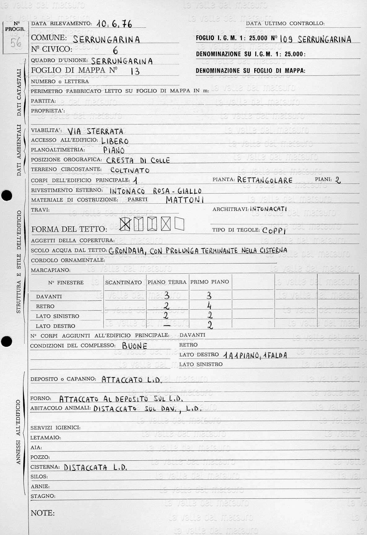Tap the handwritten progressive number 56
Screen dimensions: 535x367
pyautogui.click(x=16, y=42)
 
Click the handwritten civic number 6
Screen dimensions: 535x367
pyautogui.click(x=115, y=50)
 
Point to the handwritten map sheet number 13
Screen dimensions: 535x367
pyautogui.click(x=135, y=72)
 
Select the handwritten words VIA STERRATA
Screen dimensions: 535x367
pyautogui.click(x=95, y=131)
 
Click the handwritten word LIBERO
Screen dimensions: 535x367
pyautogui.click(x=115, y=141)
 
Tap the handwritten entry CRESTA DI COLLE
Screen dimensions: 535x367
pyautogui.click(x=138, y=160)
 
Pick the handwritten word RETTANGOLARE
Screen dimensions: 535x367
pyautogui.click(x=265, y=180)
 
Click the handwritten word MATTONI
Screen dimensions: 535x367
pyautogui.click(x=185, y=200)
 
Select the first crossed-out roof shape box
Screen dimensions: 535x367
pyautogui.click(x=125, y=224)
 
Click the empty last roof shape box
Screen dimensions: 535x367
pyautogui.click(x=179, y=224)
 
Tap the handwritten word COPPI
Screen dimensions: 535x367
pyautogui.click(x=274, y=231)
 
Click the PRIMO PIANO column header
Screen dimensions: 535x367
pyautogui.click(x=210, y=282)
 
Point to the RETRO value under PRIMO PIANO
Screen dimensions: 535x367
pyautogui.click(x=209, y=306)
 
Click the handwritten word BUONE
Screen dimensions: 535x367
pyautogui.click(x=134, y=346)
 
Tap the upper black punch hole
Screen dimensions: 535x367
pyautogui.click(x=6, y=196)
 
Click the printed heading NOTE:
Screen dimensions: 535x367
pyautogui.click(x=43, y=513)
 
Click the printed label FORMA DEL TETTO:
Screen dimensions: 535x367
pyautogui.click(x=69, y=229)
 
